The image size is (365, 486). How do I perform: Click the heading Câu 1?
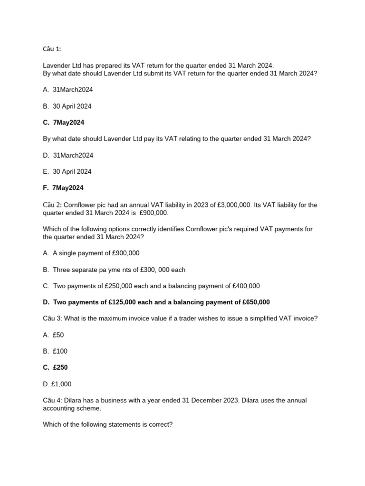52,49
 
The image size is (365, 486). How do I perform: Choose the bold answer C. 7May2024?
63,122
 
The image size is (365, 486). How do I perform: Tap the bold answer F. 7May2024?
63,188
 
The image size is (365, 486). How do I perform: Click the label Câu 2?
52,205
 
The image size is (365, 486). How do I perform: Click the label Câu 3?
52,318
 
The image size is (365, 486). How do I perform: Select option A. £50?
53,335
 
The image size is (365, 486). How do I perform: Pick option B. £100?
55,351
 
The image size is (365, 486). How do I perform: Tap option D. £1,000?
57,384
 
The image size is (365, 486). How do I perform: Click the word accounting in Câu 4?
59,408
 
